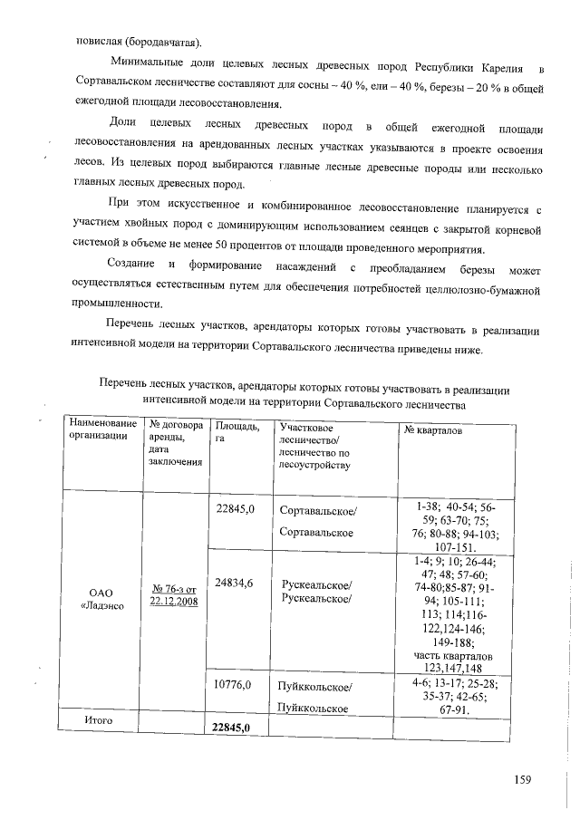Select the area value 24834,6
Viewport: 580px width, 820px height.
(x=235, y=584)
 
